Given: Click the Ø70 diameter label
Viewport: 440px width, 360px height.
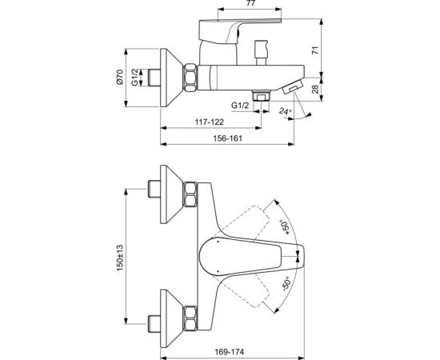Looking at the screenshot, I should (119, 77).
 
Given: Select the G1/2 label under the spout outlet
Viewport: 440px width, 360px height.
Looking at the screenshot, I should (241, 104).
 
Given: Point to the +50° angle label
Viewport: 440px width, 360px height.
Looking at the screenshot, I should (286, 230).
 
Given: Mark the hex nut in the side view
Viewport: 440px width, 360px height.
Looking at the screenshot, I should (195, 77).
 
